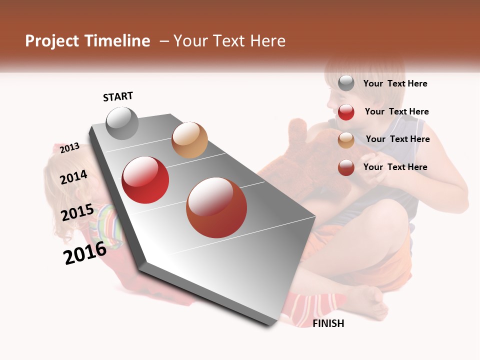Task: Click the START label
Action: pos(118,96)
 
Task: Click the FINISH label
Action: pos(328,323)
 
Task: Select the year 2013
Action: pos(70,147)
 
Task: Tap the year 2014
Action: pos(74,177)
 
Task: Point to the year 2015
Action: pos(77,212)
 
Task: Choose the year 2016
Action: pos(85,252)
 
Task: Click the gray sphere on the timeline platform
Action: pos(122,123)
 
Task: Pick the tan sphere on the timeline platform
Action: pos(189,140)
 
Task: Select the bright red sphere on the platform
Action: pos(145,180)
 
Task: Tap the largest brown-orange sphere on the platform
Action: pos(216,207)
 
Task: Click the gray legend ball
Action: pos(346,83)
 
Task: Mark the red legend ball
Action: pos(346,112)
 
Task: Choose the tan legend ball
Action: pos(346,140)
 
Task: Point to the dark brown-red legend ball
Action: pos(346,167)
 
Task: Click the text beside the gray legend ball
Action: pos(395,83)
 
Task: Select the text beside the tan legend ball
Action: pos(397,139)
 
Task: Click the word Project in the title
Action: pos(52,41)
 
